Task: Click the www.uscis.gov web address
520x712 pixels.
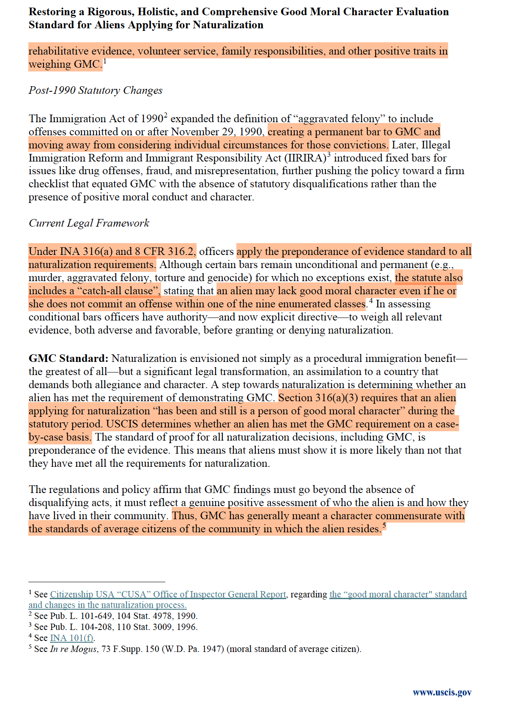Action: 442,692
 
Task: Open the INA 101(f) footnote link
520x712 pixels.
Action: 72,638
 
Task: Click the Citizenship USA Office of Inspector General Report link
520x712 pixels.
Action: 168,594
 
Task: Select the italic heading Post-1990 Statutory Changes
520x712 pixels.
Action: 96,90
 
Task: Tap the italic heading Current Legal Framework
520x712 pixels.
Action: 89,223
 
